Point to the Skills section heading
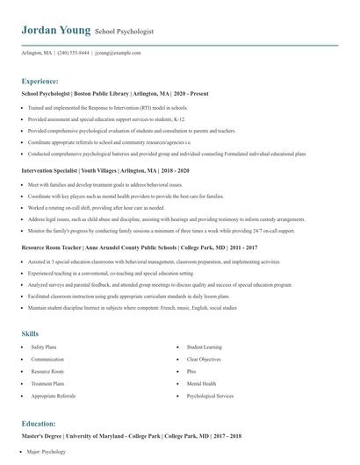[30, 333]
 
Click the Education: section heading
[39, 424]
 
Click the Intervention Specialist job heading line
[101, 171]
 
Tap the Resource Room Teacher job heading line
[128, 248]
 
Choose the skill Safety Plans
[43, 347]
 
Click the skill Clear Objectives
[203, 360]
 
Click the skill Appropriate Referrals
[53, 397]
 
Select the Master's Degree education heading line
[131, 436]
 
